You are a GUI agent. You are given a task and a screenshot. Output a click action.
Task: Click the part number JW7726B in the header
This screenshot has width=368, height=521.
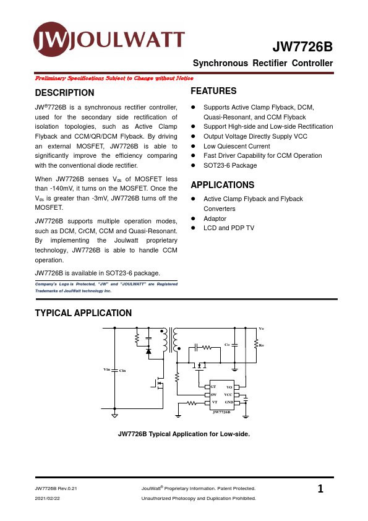coord(302,48)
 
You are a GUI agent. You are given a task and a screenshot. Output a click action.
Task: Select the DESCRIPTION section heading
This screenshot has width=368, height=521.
coord(65,93)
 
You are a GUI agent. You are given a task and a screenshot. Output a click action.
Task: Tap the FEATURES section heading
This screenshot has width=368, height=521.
coord(213,91)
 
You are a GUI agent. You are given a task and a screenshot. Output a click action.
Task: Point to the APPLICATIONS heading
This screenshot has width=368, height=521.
coord(222,185)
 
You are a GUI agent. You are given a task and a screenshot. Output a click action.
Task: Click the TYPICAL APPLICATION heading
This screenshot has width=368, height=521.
coord(83,313)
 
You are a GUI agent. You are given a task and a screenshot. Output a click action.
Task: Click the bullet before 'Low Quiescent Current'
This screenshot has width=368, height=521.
coord(194,146)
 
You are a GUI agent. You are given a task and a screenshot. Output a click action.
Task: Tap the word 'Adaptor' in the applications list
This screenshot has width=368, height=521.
coord(215,218)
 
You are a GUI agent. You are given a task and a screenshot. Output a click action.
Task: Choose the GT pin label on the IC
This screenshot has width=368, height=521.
coord(213,386)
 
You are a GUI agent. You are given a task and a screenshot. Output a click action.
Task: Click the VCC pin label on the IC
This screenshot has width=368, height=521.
coord(228,394)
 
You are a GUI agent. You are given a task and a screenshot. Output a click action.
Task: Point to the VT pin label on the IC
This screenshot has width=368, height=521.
coord(214,402)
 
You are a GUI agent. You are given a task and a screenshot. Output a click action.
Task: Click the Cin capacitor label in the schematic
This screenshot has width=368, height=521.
coord(122,370)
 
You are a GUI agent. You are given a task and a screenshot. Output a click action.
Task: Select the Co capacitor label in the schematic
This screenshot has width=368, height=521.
coord(227,344)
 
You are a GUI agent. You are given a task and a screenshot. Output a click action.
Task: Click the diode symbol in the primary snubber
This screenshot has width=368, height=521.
coord(148,351)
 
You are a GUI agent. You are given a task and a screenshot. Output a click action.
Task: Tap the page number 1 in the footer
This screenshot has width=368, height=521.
coord(320,489)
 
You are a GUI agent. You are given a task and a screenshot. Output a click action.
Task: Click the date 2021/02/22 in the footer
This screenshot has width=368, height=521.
coord(47,498)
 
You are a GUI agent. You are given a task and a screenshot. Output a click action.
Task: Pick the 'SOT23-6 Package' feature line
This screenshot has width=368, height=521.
coord(230,165)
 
